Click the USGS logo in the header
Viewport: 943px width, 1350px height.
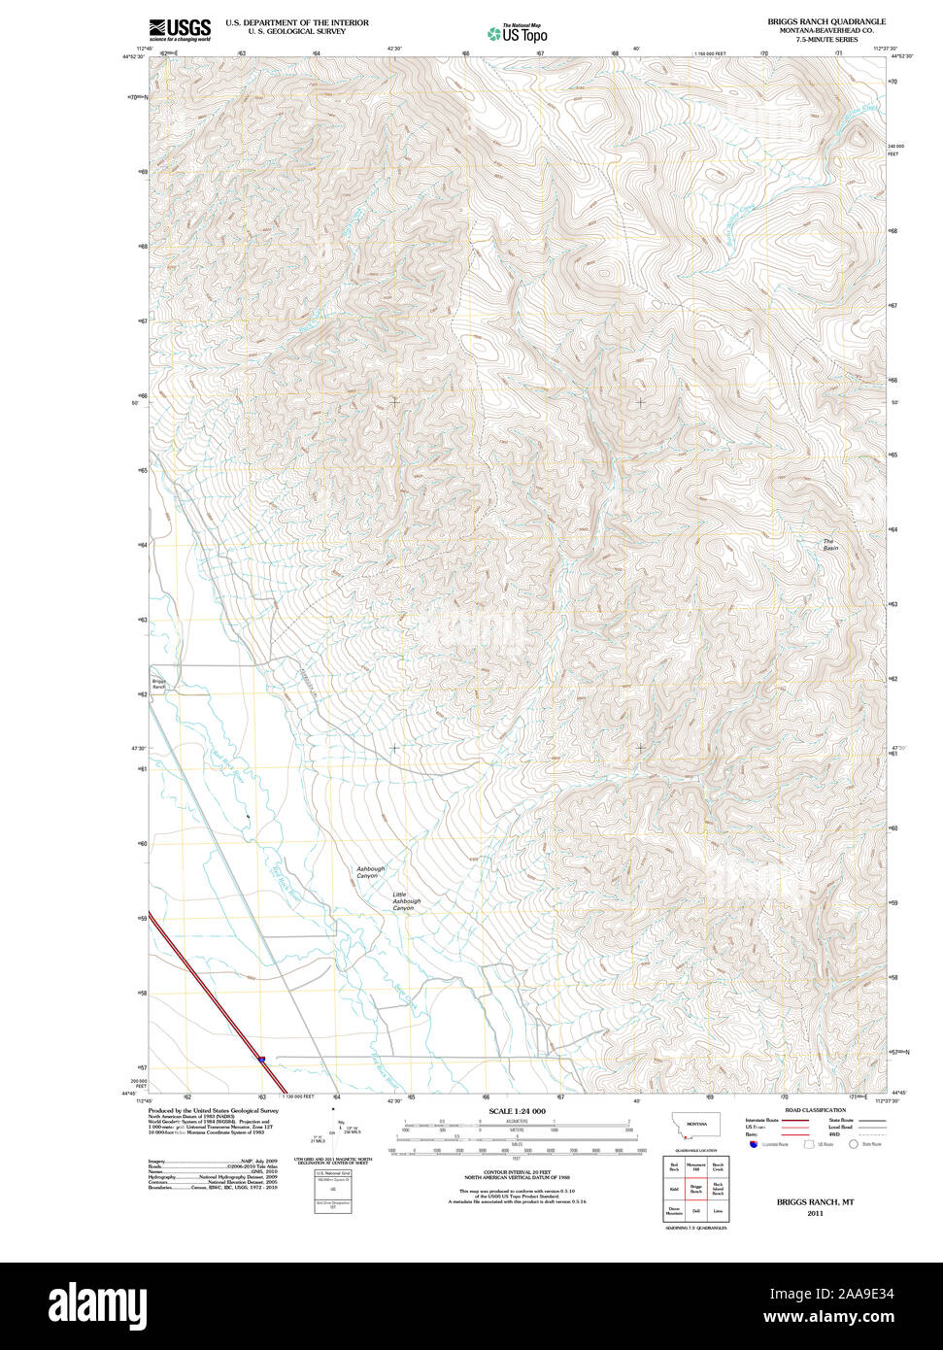click(180, 29)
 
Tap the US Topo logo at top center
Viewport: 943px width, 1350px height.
click(518, 33)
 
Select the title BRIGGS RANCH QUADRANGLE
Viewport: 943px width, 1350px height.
click(825, 21)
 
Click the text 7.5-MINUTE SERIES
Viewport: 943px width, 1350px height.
click(825, 40)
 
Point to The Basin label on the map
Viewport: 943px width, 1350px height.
click(829, 545)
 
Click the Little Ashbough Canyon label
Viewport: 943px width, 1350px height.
click(407, 901)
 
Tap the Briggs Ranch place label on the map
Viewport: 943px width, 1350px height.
click(159, 684)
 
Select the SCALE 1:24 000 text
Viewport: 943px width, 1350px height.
click(517, 1111)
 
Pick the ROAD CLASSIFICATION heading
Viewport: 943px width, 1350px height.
click(815, 1110)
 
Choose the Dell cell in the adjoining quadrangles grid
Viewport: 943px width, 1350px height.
click(695, 1210)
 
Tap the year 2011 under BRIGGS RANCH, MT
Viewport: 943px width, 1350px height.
click(814, 1213)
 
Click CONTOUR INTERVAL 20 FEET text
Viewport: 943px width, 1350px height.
click(517, 1172)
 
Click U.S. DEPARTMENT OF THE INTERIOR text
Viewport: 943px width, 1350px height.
click(297, 21)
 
